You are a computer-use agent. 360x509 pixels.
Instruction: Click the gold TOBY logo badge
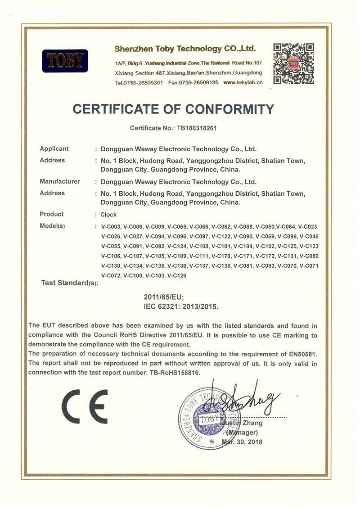click(65, 61)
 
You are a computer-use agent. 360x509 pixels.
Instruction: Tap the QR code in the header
click(293, 63)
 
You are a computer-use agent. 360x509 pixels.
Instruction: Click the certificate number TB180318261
click(194, 128)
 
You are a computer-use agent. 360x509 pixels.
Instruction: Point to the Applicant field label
click(54, 149)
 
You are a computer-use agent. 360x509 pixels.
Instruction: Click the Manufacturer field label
click(59, 181)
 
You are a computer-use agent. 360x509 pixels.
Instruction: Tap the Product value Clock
click(108, 215)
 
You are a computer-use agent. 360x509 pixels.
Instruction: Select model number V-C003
click(111, 226)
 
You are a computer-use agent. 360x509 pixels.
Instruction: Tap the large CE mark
click(85, 406)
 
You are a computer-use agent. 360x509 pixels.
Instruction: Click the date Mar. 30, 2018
click(242, 441)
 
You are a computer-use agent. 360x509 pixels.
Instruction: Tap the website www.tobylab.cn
click(243, 82)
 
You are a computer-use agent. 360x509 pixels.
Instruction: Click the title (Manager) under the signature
click(242, 432)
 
